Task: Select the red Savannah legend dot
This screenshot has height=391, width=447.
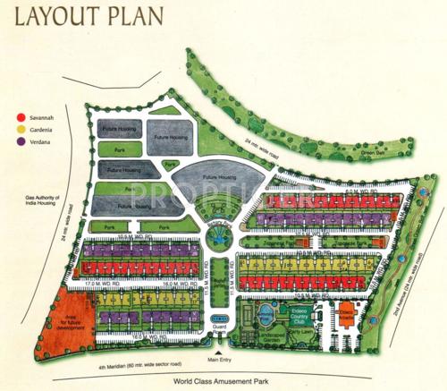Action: [20, 117]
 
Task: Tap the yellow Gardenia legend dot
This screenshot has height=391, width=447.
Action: [20, 129]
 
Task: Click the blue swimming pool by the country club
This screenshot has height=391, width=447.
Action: [267, 316]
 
